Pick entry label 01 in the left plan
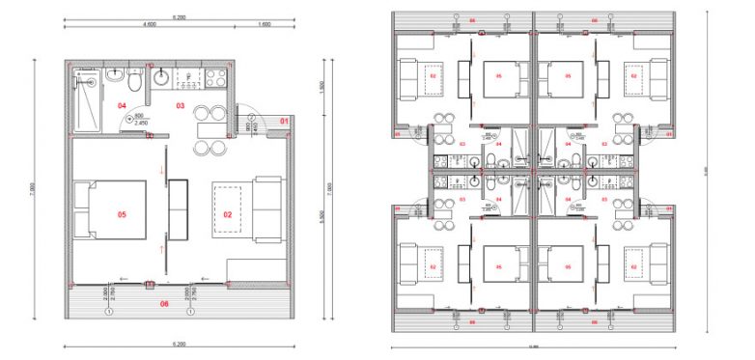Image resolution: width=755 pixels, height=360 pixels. (x=284, y=120)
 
